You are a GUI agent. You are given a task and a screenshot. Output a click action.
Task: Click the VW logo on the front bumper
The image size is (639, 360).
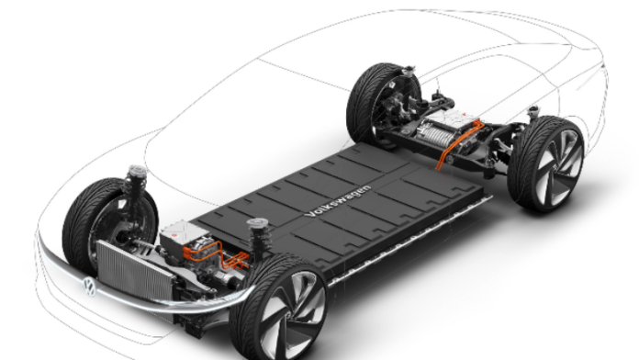click(89, 287)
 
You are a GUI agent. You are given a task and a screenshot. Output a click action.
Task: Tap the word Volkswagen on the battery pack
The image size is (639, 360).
click(338, 200)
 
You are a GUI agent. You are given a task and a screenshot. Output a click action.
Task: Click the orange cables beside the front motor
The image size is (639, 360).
click(216, 254)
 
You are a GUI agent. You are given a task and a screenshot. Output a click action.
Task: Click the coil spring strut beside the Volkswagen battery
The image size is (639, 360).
click(259, 240)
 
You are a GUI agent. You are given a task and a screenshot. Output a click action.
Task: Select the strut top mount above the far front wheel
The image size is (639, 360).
click(138, 171)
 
